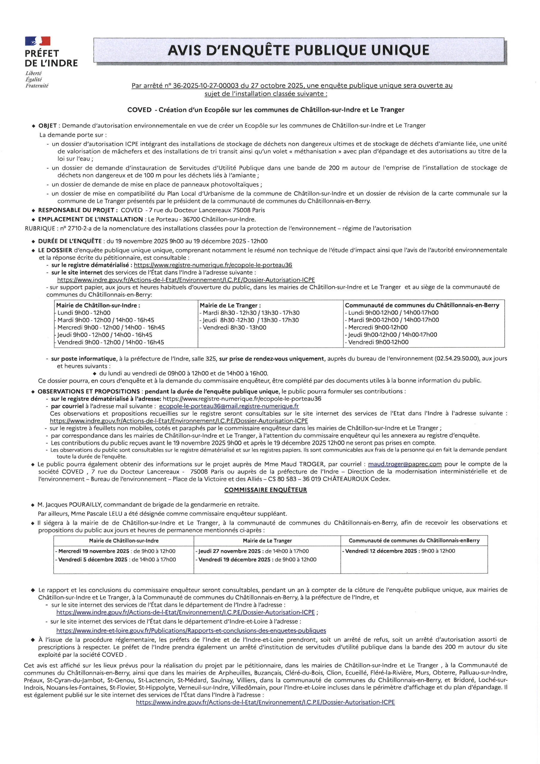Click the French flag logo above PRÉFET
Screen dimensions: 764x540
[38, 41]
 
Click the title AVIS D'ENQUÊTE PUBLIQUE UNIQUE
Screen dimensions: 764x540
[298, 50]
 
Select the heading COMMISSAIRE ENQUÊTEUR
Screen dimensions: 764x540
[265, 490]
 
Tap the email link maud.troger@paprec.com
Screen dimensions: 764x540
[405, 464]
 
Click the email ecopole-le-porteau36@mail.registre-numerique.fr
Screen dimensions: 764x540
[229, 406]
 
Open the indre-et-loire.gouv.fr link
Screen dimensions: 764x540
[191, 631]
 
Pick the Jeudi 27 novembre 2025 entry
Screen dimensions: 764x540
[229, 551]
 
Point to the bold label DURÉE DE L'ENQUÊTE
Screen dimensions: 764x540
[70, 241]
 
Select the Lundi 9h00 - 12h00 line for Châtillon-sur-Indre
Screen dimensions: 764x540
[84, 313]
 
